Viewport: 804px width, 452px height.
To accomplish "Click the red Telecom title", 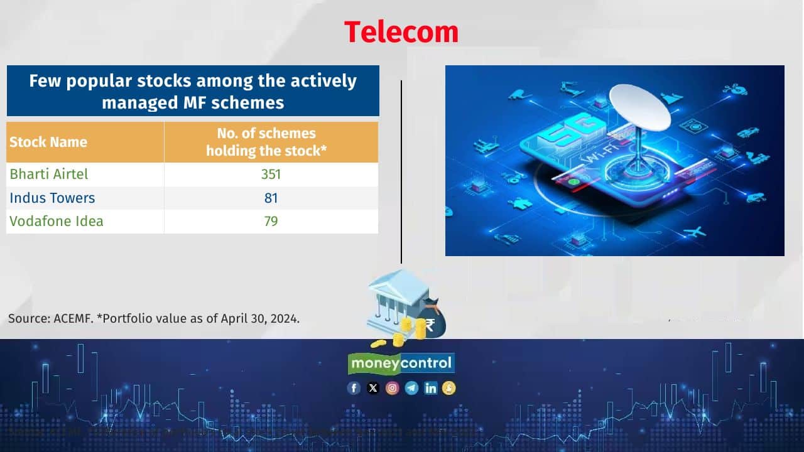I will [x=401, y=31].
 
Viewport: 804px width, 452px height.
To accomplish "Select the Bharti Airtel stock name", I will [x=49, y=174].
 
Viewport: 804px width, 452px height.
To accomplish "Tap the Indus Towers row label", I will [x=52, y=198].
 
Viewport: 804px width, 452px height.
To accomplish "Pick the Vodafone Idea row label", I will [x=57, y=221].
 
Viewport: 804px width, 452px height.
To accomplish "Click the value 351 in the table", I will [x=271, y=174].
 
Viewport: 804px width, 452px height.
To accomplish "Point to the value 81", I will [x=271, y=198].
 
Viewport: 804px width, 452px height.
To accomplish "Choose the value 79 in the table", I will [x=271, y=221].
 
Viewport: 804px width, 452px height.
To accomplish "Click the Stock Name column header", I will [x=48, y=142].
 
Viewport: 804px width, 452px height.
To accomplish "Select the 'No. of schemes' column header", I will [x=266, y=133].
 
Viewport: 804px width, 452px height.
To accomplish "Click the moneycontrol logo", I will [x=401, y=363].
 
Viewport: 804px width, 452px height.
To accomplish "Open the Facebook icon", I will [x=354, y=388].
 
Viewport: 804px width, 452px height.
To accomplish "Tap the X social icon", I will [x=373, y=388].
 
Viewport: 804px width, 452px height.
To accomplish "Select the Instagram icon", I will [x=392, y=388].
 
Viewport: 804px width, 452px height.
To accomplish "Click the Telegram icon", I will [x=411, y=388].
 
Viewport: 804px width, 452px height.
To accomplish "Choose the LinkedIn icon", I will [x=430, y=388].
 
